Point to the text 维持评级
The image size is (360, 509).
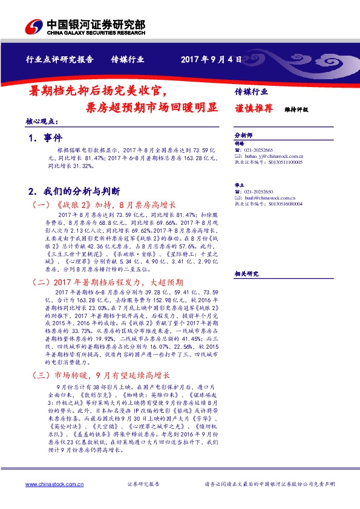pyautogui.click(x=296, y=109)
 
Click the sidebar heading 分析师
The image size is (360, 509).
pyautogui.click(x=243, y=136)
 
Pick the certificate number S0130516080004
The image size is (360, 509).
pyautogui.click(x=281, y=204)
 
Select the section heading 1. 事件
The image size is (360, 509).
pyautogui.click(x=45, y=138)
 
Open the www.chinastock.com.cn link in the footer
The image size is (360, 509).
pyautogui.click(x=50, y=485)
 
